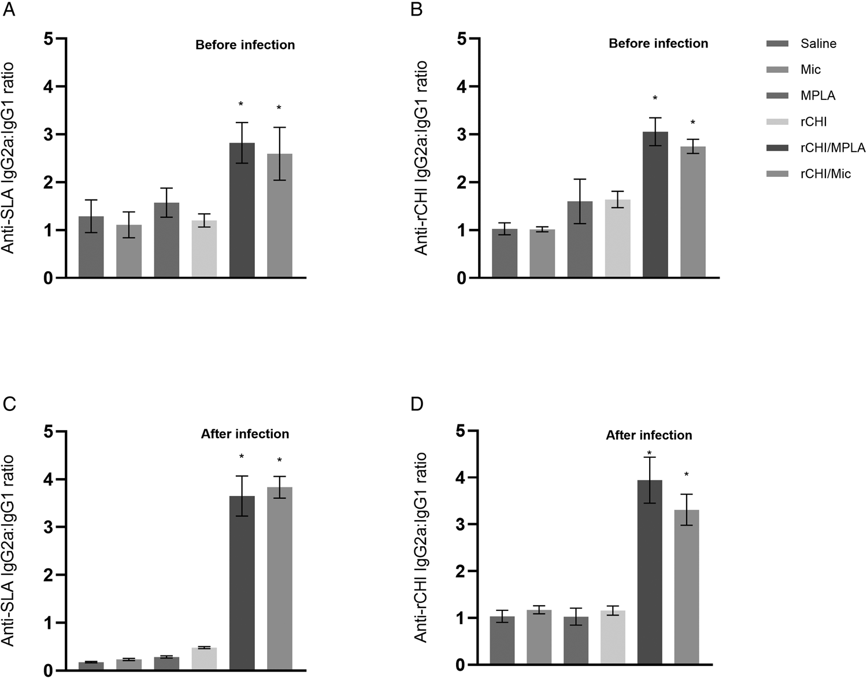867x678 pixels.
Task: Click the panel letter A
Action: [9, 10]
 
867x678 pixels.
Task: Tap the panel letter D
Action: [417, 403]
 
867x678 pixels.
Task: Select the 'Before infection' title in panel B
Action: [658, 43]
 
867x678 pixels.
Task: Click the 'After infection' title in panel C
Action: [244, 434]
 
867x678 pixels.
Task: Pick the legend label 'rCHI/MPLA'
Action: [832, 148]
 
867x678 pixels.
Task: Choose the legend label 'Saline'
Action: [818, 44]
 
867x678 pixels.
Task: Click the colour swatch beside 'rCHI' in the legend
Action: [777, 122]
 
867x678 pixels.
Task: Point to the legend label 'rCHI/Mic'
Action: [825, 174]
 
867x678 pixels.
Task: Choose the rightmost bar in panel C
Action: [279, 579]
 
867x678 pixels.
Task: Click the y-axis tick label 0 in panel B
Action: [461, 278]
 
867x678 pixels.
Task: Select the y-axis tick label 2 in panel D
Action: [461, 571]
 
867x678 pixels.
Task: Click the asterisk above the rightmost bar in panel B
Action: [692, 123]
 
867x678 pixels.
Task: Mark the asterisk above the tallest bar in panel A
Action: [241, 105]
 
